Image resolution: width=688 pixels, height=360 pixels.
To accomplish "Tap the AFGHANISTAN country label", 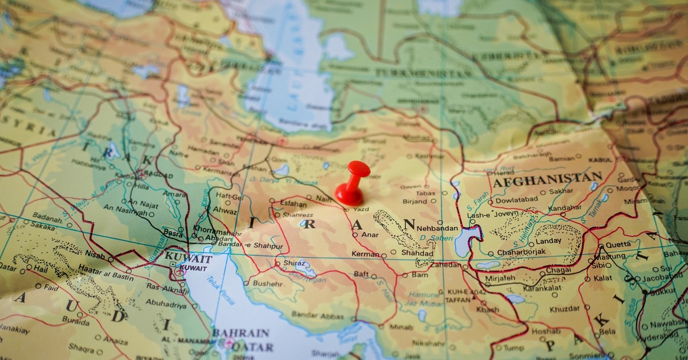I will tap(547, 179).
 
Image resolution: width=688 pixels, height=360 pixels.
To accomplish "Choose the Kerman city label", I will tap(365, 254).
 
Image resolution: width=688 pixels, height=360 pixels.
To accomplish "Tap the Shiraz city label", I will tap(295, 263).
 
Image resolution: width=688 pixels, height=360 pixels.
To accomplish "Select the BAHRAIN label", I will tap(241, 333).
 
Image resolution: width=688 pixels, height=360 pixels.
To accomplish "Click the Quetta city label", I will tap(617, 244).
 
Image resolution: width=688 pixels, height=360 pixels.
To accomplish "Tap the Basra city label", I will tap(173, 233).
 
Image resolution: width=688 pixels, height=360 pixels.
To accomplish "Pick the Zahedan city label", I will tap(445, 265).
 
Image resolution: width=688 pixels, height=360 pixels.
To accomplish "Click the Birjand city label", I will tap(415, 201).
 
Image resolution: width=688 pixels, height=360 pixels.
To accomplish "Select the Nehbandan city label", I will tap(438, 228).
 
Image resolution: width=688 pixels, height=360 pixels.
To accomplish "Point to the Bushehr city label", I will tap(267, 283).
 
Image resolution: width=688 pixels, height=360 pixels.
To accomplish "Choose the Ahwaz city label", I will tap(225, 210).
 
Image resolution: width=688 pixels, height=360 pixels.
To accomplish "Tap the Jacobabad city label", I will tap(662, 279).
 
